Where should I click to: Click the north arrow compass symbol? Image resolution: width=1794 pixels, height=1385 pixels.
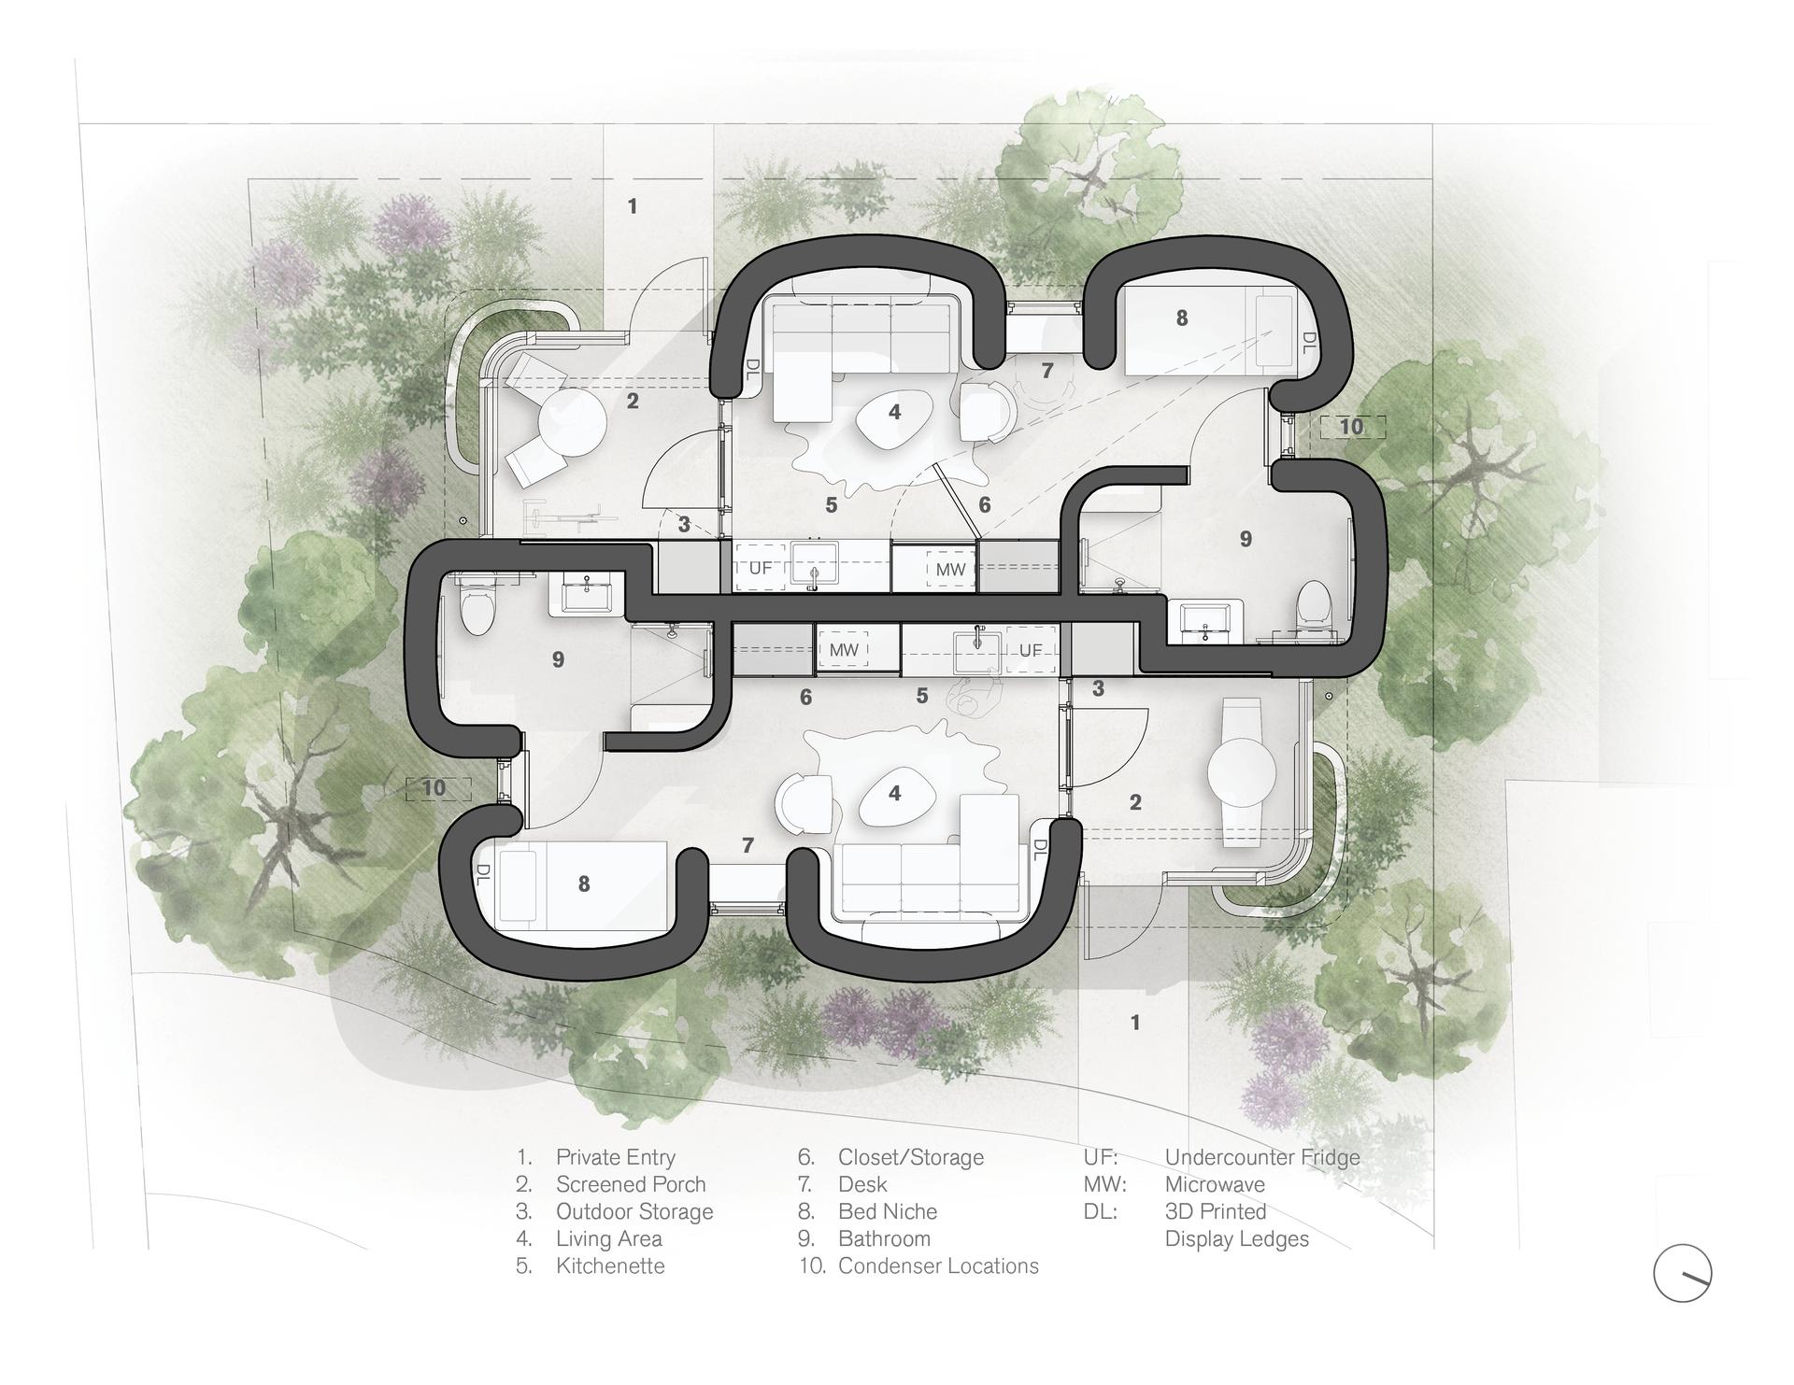(x=1682, y=1273)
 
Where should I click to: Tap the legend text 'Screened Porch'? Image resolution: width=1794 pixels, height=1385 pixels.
(x=631, y=1184)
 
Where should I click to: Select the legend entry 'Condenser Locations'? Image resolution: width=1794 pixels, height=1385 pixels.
(x=938, y=1265)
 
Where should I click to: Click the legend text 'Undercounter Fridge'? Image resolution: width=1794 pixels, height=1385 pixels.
(x=1262, y=1157)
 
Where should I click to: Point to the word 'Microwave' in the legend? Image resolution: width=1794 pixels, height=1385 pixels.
(x=1215, y=1184)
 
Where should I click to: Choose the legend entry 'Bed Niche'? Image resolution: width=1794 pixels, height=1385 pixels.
(x=888, y=1211)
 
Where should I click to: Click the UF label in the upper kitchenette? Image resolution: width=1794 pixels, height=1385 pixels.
(x=761, y=568)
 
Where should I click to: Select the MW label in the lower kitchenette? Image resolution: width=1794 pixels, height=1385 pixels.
(x=844, y=649)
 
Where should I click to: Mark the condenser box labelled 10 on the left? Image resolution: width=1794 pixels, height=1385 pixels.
(x=434, y=788)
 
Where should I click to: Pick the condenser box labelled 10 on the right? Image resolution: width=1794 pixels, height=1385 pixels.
(x=1351, y=427)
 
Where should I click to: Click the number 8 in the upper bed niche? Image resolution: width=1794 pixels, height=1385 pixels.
(x=1182, y=318)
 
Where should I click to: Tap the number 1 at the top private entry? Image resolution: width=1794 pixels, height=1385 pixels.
(x=633, y=205)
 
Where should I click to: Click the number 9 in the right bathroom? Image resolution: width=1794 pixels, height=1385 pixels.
(x=1245, y=539)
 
